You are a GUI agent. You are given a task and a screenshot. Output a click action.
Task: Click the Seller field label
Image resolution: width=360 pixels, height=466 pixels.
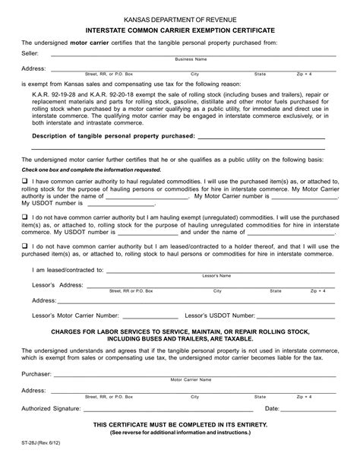click(x=30, y=52)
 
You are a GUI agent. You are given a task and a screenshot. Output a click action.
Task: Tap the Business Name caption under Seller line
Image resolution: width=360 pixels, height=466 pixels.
click(x=191, y=59)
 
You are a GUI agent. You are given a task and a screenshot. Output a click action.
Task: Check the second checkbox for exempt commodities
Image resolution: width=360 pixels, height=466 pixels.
click(x=25, y=216)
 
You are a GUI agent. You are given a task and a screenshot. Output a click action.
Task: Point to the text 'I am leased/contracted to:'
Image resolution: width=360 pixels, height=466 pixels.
click(x=67, y=270)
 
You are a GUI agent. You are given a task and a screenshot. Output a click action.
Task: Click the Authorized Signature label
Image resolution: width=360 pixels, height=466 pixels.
click(x=51, y=408)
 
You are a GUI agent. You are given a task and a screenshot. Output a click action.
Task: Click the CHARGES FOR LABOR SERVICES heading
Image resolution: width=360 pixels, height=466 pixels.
click(x=179, y=332)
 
